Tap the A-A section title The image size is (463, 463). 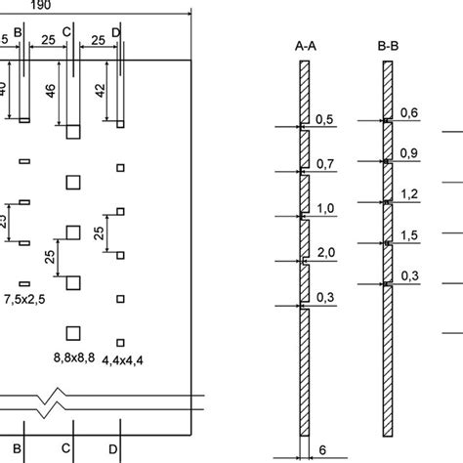(304, 45)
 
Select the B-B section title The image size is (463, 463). (389, 45)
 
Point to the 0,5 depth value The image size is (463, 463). (325, 118)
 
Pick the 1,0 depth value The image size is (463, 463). (325, 207)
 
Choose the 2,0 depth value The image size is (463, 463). (325, 252)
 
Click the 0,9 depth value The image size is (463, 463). (410, 153)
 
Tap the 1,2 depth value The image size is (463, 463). (410, 194)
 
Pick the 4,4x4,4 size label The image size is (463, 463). (124, 360)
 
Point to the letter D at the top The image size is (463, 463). (116, 32)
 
